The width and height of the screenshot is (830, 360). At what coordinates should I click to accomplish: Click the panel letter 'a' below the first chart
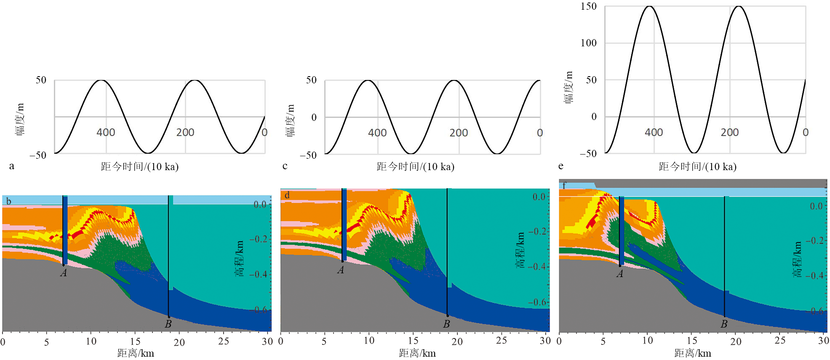[12, 166]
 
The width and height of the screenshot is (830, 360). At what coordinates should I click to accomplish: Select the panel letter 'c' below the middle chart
[285, 166]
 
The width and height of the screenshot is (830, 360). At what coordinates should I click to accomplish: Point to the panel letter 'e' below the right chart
[561, 166]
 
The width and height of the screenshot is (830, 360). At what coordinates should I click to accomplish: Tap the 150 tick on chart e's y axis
[588, 6]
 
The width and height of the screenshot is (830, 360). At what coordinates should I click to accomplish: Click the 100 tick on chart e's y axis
[588, 43]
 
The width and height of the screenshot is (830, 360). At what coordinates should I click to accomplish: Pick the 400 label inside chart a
[106, 132]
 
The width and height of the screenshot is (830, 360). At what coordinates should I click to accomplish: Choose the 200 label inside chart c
[459, 133]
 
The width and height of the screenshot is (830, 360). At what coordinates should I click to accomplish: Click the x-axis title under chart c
[415, 167]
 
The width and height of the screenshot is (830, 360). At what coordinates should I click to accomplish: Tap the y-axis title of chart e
[569, 87]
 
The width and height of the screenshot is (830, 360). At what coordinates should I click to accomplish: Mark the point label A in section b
[64, 273]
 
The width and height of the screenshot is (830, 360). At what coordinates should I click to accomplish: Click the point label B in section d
[446, 324]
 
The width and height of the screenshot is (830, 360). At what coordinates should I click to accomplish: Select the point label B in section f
[724, 324]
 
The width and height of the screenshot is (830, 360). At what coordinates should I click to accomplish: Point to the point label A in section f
[619, 274]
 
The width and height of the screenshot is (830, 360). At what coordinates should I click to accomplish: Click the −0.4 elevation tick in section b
[260, 274]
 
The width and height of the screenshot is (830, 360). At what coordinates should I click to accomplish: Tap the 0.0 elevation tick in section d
[539, 197]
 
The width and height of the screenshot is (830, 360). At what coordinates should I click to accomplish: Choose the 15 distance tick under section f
[692, 341]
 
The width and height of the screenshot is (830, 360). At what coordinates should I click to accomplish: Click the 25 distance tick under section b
[224, 341]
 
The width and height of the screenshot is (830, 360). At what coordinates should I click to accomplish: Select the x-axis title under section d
[417, 353]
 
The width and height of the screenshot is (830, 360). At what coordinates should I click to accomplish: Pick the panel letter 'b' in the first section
[8, 201]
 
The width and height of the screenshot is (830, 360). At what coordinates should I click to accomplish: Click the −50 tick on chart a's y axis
[38, 155]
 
